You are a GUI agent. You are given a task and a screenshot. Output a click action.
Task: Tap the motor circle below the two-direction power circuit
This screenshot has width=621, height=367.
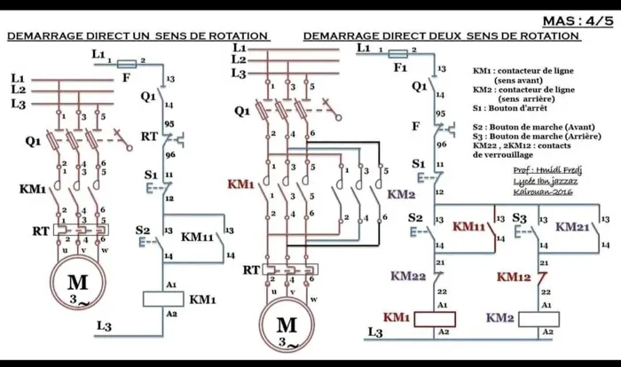pyautogui.click(x=287, y=327)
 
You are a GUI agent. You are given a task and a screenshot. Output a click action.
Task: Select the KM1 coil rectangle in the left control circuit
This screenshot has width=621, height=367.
pyautogui.click(x=169, y=299)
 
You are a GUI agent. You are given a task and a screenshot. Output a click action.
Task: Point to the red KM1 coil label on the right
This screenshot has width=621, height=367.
pyautogui.click(x=396, y=317)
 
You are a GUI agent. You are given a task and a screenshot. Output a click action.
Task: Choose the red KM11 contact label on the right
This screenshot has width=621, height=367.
pyautogui.click(x=468, y=226)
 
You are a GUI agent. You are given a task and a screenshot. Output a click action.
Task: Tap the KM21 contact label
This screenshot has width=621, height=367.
pyautogui.click(x=573, y=226)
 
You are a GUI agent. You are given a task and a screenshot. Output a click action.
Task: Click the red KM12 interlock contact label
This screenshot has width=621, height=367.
pyautogui.click(x=513, y=277)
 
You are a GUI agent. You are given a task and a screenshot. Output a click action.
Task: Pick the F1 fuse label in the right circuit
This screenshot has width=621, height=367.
pyautogui.click(x=400, y=66)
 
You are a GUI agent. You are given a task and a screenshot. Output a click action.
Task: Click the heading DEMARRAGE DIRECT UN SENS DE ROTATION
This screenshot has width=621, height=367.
pyautogui.click(x=138, y=36)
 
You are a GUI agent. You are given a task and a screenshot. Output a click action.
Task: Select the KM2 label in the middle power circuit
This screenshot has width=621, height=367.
pyautogui.click(x=402, y=194)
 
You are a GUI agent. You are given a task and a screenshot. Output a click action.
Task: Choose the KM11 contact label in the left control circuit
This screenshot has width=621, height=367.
pyautogui.click(x=196, y=237)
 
